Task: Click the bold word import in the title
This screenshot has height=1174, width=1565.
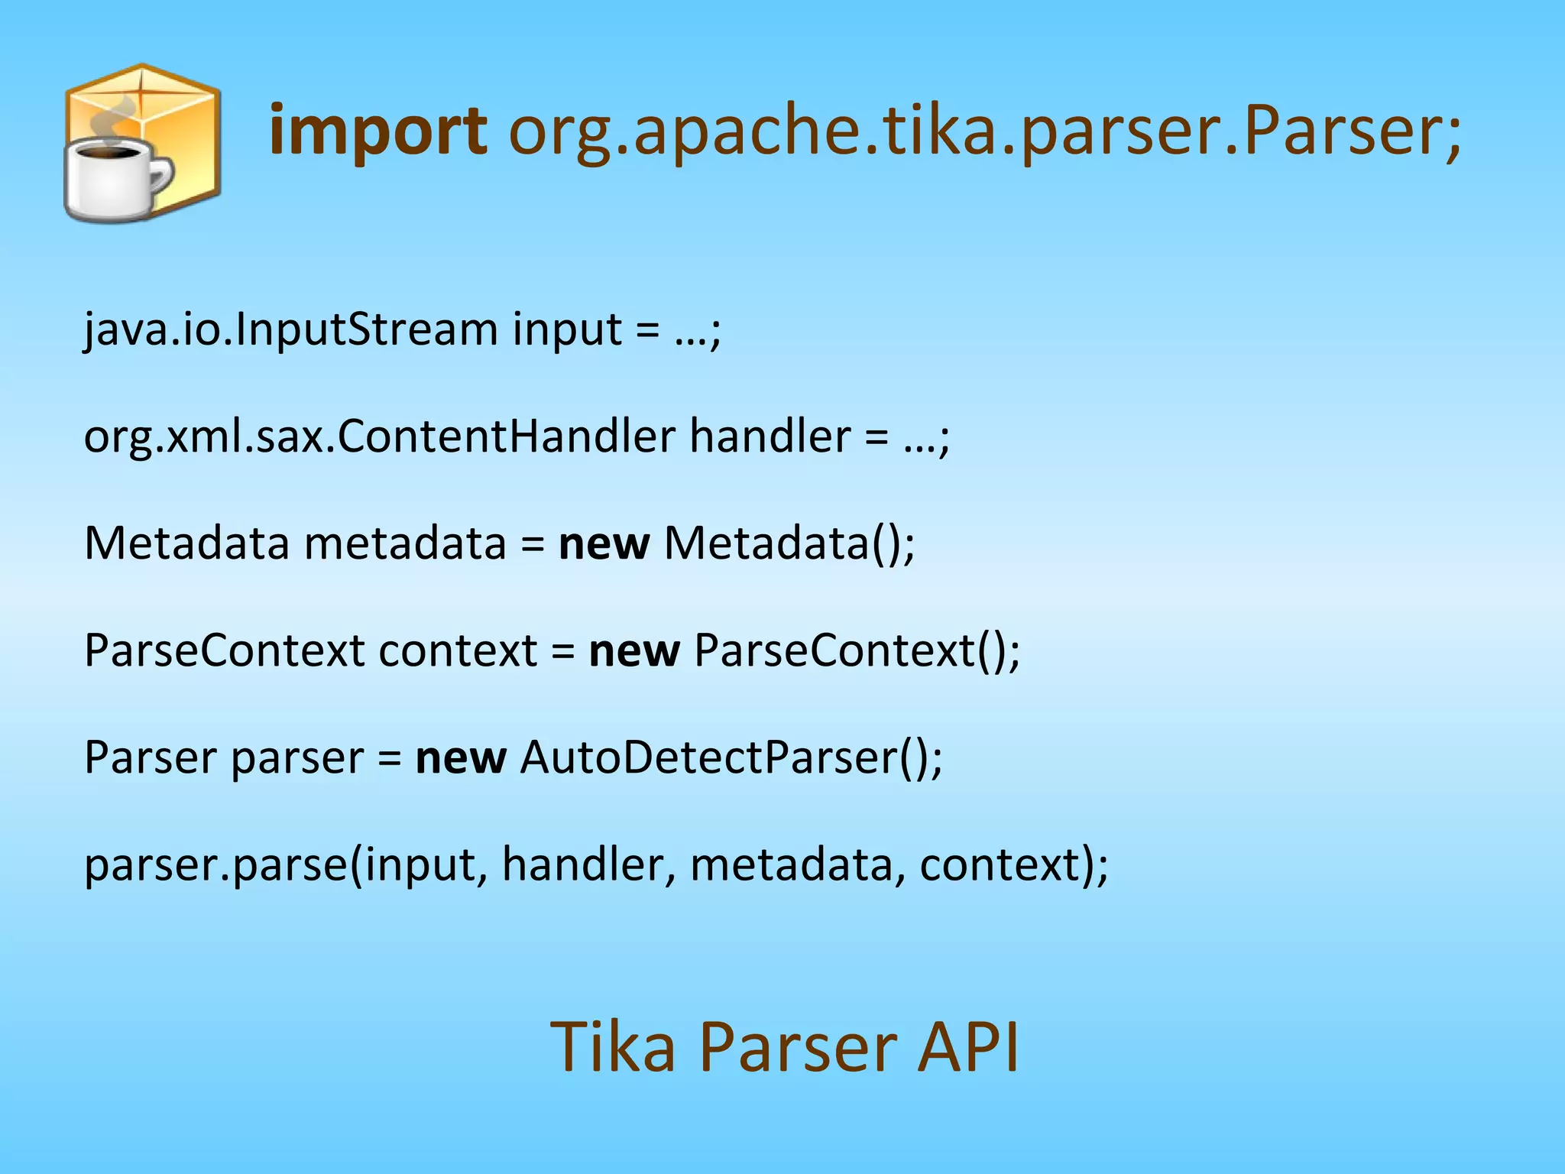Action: pos(378,131)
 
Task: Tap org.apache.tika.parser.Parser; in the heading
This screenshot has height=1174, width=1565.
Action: pos(984,131)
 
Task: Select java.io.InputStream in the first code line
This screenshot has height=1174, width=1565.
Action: pos(291,329)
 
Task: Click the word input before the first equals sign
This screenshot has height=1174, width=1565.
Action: pos(567,329)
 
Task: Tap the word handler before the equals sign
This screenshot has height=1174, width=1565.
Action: pos(770,436)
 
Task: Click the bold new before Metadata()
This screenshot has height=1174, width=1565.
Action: pos(604,543)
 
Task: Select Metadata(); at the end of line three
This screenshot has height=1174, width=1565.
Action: pos(789,543)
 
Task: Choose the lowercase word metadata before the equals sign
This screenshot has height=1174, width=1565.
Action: pos(405,543)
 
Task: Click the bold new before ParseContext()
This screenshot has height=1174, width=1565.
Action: pos(633,650)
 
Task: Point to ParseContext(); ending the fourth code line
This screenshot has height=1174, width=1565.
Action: pos(857,650)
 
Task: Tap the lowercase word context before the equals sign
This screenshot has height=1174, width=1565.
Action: pos(458,650)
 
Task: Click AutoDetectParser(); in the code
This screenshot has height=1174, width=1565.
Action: pos(731,757)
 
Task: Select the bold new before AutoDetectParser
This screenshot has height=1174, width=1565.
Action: pos(461,757)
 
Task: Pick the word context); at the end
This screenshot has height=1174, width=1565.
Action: pos(1013,864)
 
